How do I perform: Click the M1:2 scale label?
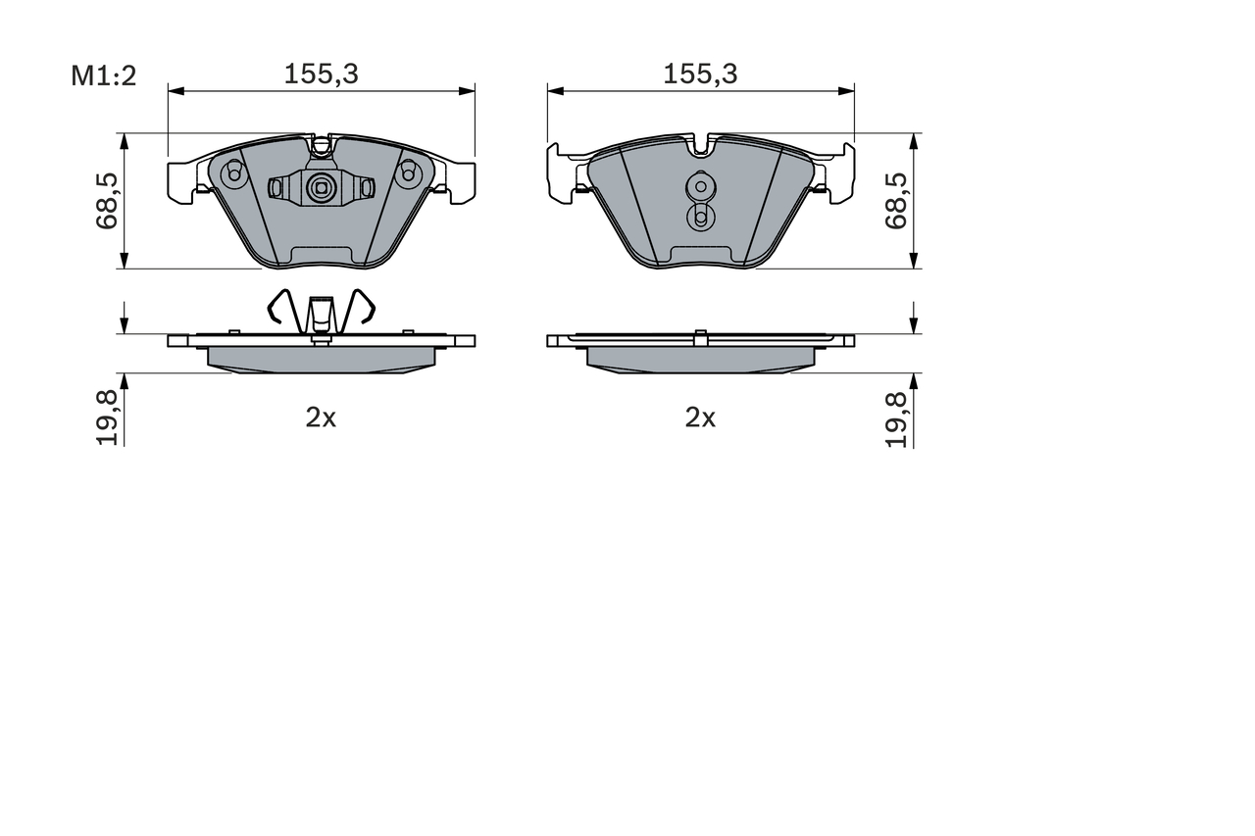point(103,75)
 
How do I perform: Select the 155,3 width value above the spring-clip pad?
point(321,74)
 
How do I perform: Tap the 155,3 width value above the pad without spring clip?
point(700,74)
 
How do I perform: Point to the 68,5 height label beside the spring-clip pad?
point(107,201)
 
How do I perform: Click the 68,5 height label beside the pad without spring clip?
point(895,201)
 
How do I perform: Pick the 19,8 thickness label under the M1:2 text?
point(107,418)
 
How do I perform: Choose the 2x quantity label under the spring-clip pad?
point(321,418)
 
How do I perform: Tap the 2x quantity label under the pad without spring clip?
point(700,418)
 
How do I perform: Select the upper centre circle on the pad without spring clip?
point(700,185)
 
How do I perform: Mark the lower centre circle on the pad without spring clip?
point(700,217)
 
